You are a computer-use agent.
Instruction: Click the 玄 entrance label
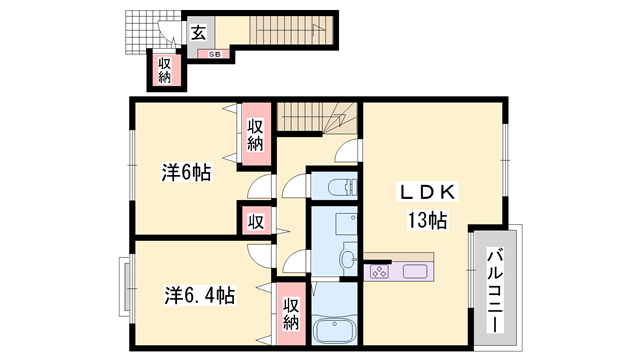198,32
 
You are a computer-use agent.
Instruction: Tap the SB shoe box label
215,55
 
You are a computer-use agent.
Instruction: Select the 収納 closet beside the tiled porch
164,70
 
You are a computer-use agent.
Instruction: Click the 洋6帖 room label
186,172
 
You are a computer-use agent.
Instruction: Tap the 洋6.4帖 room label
200,296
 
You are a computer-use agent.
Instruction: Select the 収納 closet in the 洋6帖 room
255,133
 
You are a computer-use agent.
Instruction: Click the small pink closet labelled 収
255,221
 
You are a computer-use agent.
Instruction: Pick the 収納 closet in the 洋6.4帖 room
290,314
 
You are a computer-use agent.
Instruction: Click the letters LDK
429,191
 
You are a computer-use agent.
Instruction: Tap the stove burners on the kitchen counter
380,270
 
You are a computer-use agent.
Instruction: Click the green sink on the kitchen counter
416,270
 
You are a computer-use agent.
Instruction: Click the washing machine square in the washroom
344,225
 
